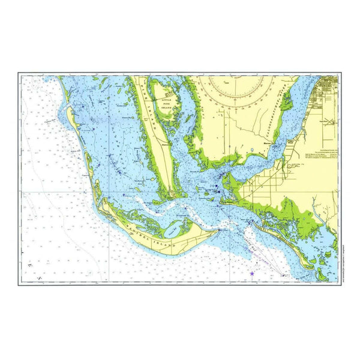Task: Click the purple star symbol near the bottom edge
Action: (252, 274)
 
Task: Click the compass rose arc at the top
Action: (238, 90)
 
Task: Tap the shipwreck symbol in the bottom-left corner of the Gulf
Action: (31, 264)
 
